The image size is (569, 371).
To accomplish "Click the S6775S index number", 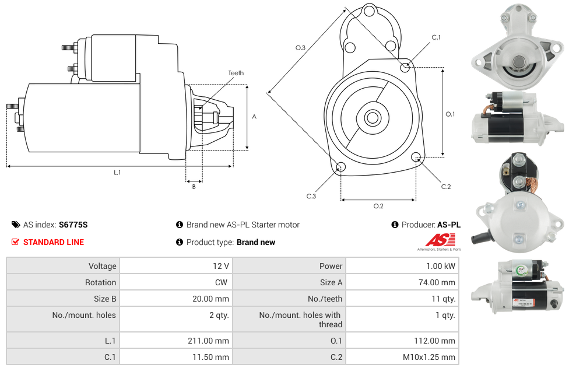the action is click(73, 225).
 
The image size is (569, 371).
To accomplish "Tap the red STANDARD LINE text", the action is click(54, 242).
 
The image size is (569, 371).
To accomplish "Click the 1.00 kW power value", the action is click(441, 266).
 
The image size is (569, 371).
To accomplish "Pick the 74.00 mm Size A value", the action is click(437, 282).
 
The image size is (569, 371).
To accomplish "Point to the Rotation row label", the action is click(100, 282).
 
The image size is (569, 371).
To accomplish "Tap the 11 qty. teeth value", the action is click(443, 299).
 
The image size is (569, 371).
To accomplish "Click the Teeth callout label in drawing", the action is click(236, 73).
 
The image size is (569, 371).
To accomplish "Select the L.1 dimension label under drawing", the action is click(117, 173).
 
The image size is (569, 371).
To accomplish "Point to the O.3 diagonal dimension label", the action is click(300, 48).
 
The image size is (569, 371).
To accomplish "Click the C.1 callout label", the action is click(436, 37).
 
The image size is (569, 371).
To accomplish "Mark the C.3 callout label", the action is click(311, 196).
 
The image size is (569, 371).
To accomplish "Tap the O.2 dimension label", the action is click(378, 206).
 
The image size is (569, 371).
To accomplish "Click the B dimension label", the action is click(194, 187).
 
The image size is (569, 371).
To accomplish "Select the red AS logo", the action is click(440, 240).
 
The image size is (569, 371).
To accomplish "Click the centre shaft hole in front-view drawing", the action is click(373, 118).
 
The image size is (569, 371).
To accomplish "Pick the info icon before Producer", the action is click(395, 225).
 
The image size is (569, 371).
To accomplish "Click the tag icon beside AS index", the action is click(16, 225).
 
